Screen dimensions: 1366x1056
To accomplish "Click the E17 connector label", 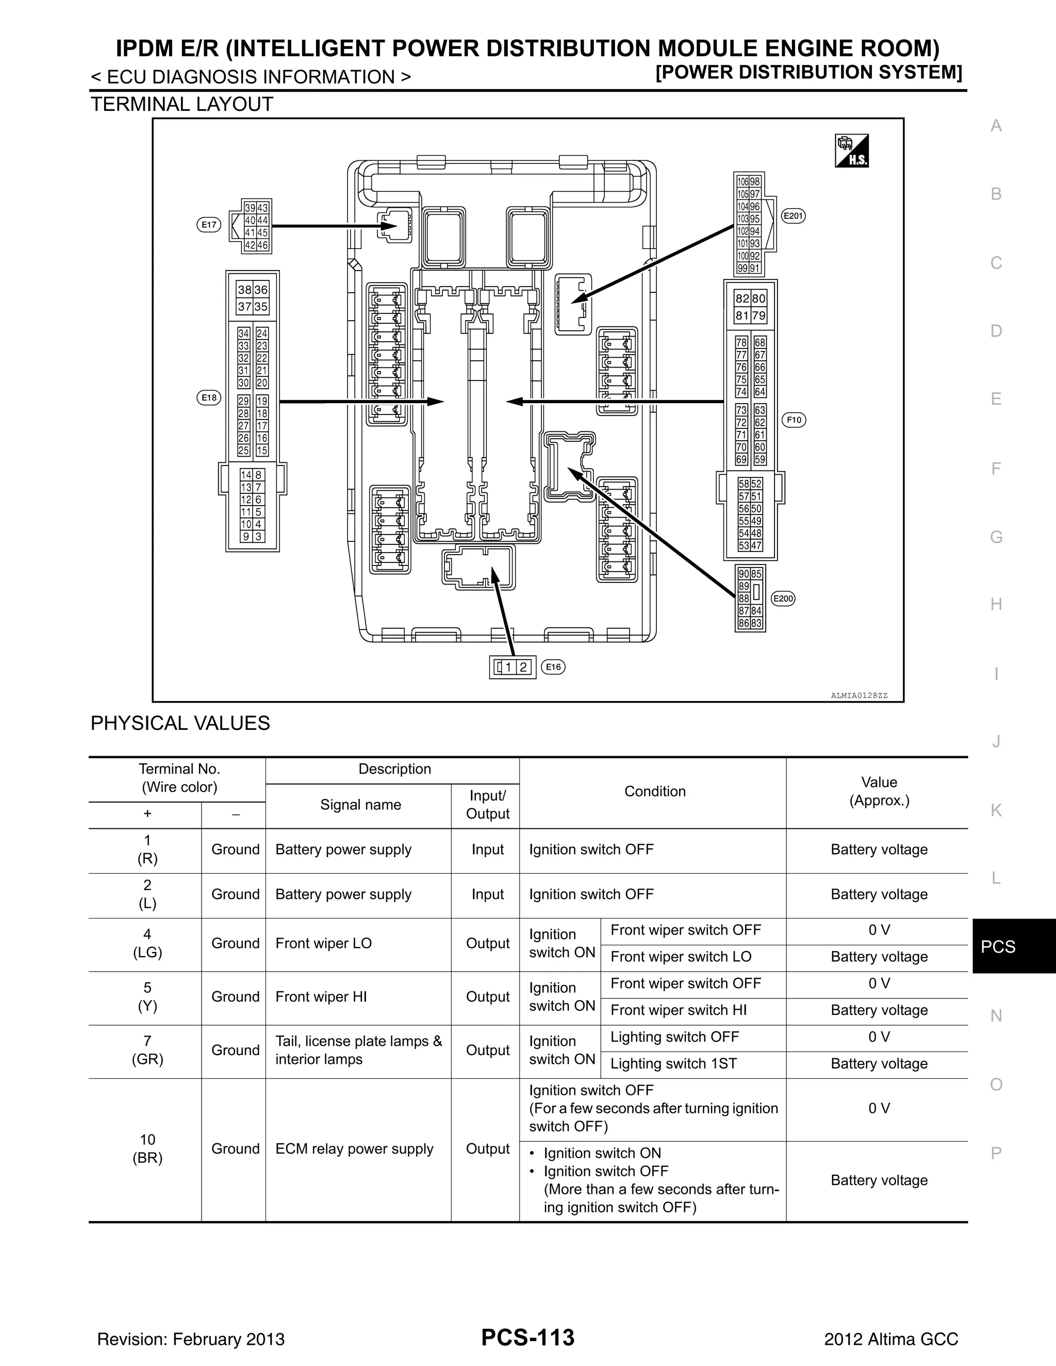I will (209, 225).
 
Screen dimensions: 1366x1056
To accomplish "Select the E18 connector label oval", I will (209, 398).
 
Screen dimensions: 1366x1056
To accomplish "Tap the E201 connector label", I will (793, 216).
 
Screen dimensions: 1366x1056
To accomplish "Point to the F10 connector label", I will (794, 420).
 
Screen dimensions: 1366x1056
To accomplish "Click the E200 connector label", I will (783, 599).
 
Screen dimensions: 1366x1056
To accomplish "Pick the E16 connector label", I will (553, 668).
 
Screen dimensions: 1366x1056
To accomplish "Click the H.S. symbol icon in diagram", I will (851, 151).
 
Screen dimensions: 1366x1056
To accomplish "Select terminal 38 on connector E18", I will (244, 290).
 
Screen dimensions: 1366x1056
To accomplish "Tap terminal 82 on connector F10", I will (742, 299).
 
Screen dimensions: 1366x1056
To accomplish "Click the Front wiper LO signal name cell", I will (323, 943).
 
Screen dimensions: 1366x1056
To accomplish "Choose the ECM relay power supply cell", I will (354, 1149).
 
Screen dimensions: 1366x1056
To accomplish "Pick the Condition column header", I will (654, 791).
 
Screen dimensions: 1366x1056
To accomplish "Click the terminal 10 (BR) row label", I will (147, 1149).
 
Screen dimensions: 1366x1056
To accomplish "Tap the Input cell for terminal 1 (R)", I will (487, 849).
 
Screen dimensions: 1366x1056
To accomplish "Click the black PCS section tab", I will (998, 947).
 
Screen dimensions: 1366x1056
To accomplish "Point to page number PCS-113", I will (527, 1338).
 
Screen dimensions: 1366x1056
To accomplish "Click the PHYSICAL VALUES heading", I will (180, 723).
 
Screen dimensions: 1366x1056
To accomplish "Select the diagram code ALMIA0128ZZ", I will (859, 695).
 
